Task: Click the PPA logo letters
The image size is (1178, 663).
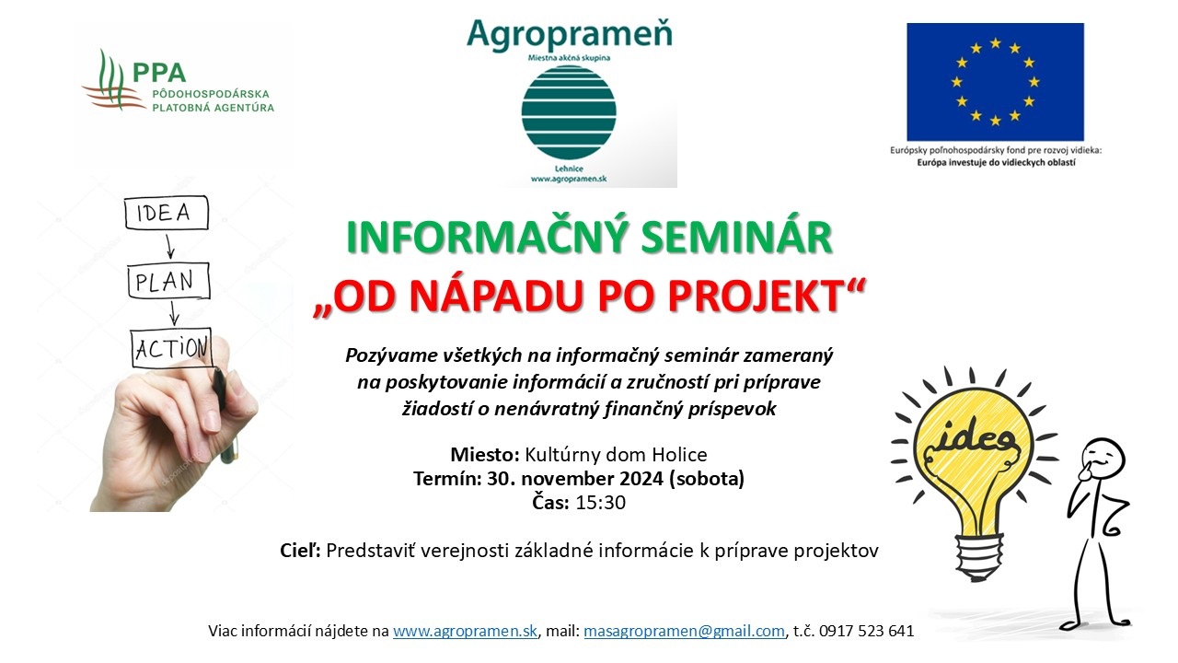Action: click(x=159, y=73)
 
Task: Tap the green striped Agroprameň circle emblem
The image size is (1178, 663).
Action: click(x=569, y=112)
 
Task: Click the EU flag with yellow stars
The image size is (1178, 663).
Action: click(x=995, y=82)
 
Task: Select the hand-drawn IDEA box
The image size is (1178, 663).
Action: click(x=167, y=213)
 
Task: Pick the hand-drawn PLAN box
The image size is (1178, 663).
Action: click(x=168, y=281)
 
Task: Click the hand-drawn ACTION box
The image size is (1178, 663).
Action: click(x=171, y=348)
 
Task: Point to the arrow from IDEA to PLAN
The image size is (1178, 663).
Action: click(x=169, y=246)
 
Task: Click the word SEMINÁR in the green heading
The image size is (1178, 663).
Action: click(x=736, y=237)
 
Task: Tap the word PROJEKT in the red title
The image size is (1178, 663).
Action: click(x=754, y=296)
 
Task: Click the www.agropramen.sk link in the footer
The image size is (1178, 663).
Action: click(x=465, y=631)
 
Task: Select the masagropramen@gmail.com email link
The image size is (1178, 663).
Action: click(x=684, y=631)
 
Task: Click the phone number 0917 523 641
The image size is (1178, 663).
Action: click(x=866, y=631)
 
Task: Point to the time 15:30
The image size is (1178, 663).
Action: click(x=601, y=503)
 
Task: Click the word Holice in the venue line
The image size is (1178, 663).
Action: click(x=679, y=454)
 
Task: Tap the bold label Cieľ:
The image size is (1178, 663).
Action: click(x=300, y=551)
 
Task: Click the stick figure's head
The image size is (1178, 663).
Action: click(x=1102, y=459)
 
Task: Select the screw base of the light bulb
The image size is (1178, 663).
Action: click(x=979, y=556)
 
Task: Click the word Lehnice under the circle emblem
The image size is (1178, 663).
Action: click(x=569, y=169)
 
